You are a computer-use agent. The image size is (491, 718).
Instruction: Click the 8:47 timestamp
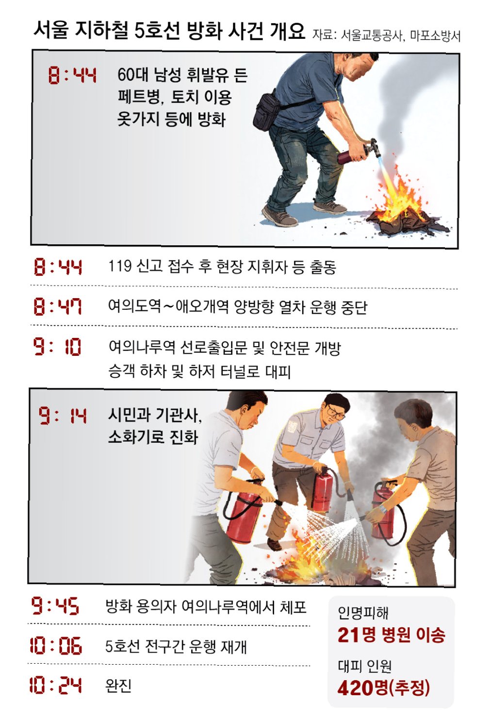58,307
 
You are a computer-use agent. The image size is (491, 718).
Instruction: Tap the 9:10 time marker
57,347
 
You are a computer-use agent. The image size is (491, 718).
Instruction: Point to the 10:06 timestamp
56,646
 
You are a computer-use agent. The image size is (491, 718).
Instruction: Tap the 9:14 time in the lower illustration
63,416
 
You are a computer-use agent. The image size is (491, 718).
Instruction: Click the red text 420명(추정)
383,687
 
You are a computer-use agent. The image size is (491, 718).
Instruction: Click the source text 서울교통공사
371,35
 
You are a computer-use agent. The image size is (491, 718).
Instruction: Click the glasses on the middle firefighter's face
335,412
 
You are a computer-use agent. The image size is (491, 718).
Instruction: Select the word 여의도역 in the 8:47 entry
134,306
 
